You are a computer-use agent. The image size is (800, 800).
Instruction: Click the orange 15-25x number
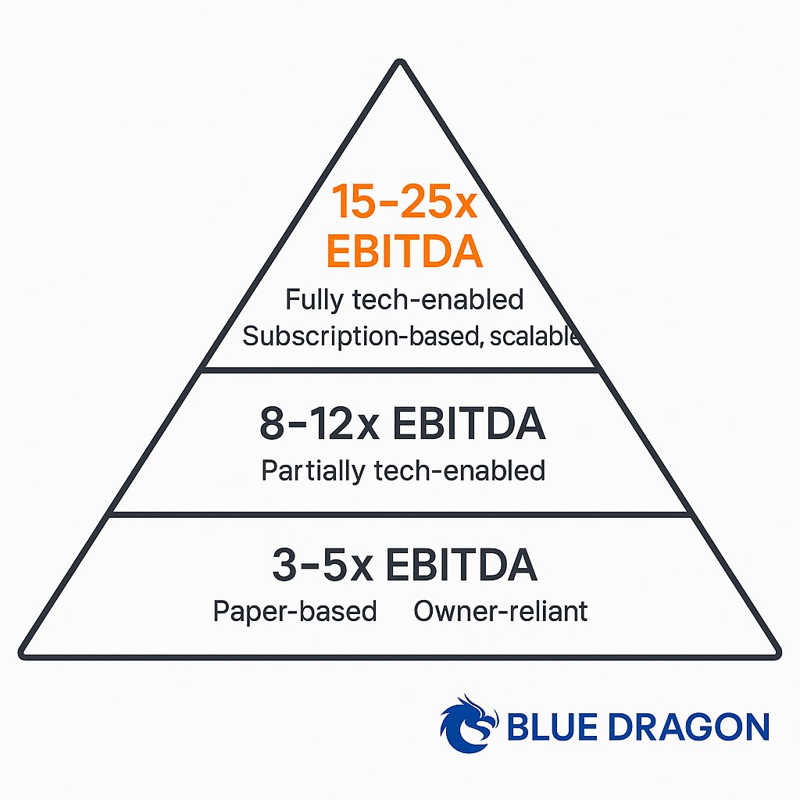[x=404, y=203]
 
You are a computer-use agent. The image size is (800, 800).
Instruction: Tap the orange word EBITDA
[x=403, y=252]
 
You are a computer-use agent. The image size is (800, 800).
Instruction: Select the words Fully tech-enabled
[x=404, y=299]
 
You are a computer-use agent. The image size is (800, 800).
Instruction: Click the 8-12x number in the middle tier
[x=318, y=424]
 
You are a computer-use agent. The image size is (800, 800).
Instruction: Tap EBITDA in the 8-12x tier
[x=468, y=424]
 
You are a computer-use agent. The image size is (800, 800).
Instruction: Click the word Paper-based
[x=295, y=611]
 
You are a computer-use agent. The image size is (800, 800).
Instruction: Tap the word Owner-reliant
[x=500, y=611]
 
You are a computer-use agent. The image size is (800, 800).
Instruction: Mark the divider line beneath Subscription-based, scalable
[x=400, y=370]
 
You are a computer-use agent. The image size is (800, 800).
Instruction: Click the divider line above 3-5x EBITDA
[x=400, y=513]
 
